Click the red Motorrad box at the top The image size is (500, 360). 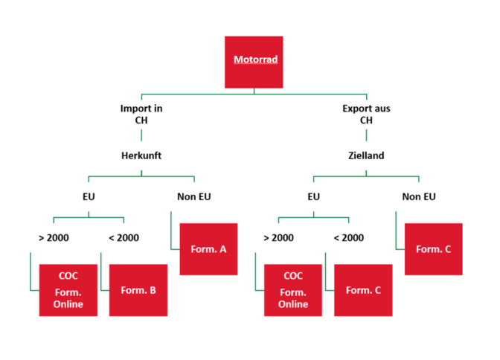[254, 61]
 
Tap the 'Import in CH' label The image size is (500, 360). [141, 114]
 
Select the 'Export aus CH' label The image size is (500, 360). [366, 114]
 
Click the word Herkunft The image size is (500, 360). [141, 156]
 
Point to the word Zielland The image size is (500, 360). [366, 156]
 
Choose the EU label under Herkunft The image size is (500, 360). [89, 197]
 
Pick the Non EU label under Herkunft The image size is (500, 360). [193, 197]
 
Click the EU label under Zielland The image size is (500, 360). [313, 197]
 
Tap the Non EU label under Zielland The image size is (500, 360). [419, 197]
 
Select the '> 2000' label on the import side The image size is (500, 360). [54, 238]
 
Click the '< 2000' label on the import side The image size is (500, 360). [124, 238]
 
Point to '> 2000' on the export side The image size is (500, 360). [278, 238]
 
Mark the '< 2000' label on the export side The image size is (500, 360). [348, 238]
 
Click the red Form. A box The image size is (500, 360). [208, 249]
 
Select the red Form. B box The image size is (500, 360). [138, 290]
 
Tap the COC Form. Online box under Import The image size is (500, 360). [68, 290]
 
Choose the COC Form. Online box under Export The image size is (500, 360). [293, 290]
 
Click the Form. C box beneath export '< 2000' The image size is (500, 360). [363, 290]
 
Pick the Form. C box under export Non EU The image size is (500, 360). [433, 249]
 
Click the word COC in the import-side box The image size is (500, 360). [68, 277]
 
